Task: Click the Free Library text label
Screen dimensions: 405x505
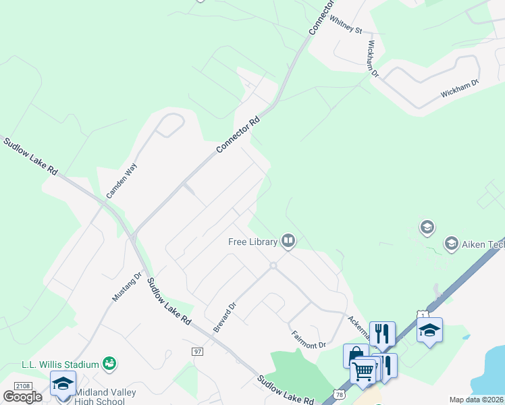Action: click(x=252, y=242)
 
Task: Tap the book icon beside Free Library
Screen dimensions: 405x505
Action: click(x=288, y=240)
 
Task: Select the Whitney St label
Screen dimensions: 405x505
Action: click(x=346, y=26)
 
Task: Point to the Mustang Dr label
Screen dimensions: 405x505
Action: click(x=127, y=287)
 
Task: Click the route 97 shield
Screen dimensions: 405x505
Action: click(x=197, y=352)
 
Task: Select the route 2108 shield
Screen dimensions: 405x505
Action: click(x=22, y=385)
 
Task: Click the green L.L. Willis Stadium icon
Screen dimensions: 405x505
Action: click(x=109, y=364)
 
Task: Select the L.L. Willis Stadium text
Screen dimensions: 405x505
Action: click(x=60, y=364)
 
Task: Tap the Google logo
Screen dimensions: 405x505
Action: click(x=22, y=397)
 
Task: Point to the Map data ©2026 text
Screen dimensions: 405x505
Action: click(x=477, y=400)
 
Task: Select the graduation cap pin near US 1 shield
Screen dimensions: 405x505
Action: click(x=429, y=331)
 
